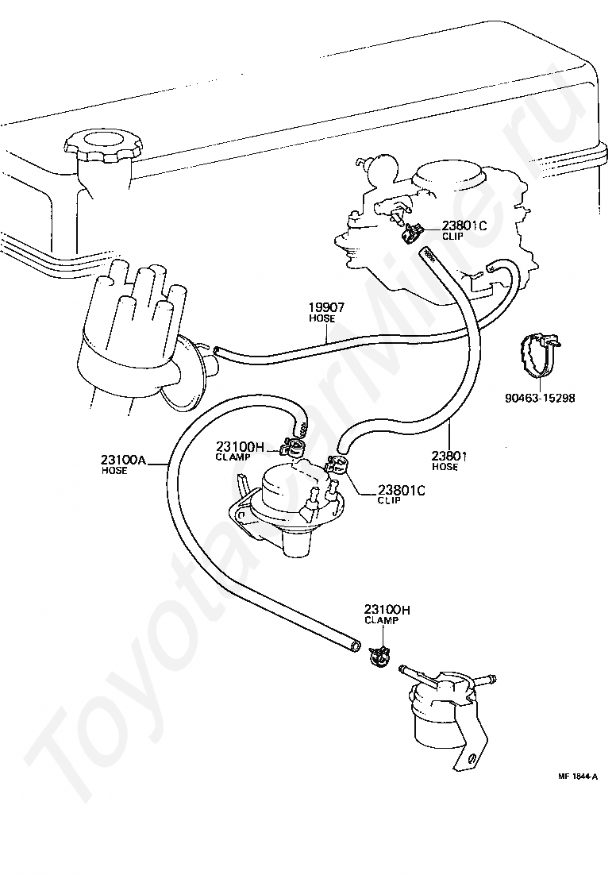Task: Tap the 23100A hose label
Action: pyautogui.click(x=123, y=461)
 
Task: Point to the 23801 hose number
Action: pyautogui.click(x=449, y=457)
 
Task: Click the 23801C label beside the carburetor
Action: pyautogui.click(x=465, y=225)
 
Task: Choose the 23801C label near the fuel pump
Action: pyautogui.click(x=402, y=490)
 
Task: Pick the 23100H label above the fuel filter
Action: pyautogui.click(x=387, y=611)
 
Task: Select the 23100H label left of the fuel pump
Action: pyautogui.click(x=240, y=446)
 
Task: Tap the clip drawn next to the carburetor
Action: pyautogui.click(x=413, y=231)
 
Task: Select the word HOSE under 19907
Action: pyautogui.click(x=322, y=318)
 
